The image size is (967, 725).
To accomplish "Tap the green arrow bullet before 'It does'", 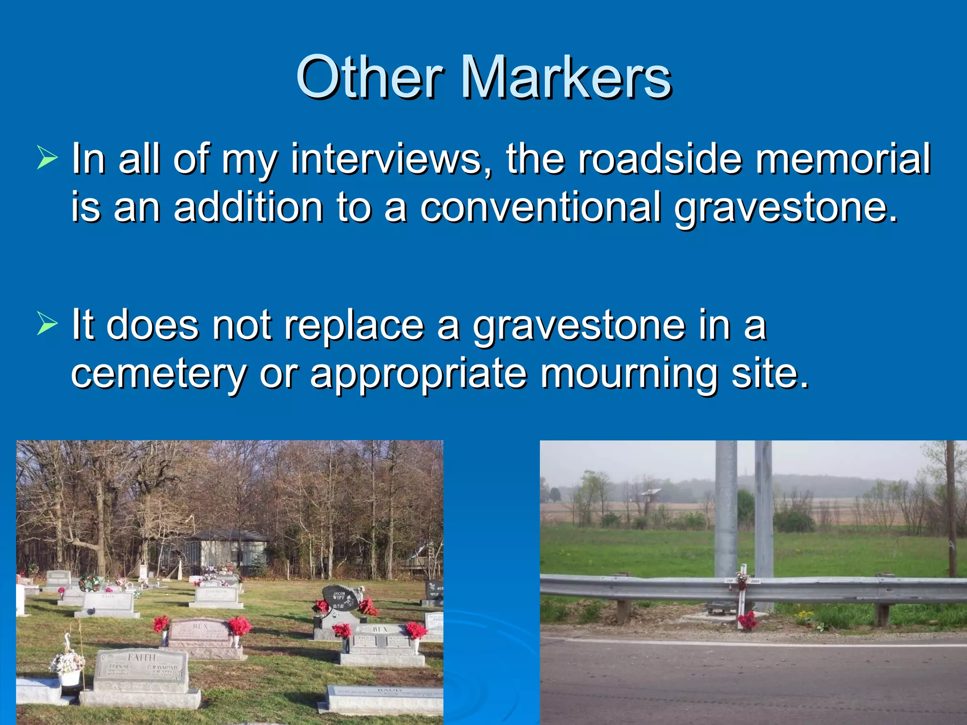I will (x=47, y=324).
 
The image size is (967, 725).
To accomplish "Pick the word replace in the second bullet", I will (x=354, y=326).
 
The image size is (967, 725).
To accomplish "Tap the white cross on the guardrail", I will (x=742, y=592).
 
